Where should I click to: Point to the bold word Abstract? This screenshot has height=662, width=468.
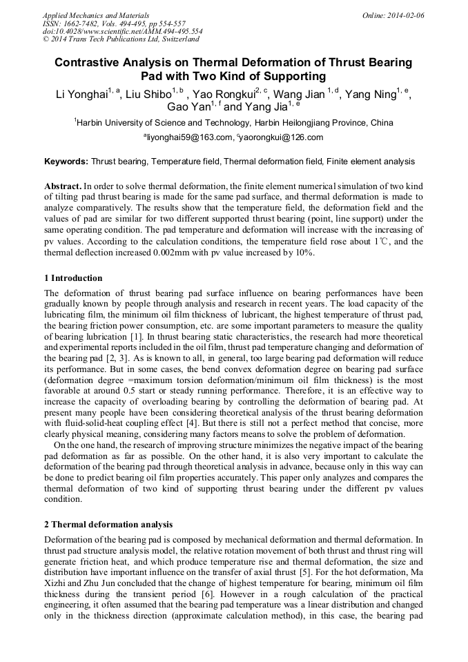click(x=62, y=186)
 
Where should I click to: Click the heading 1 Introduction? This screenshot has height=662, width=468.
click(x=73, y=278)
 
